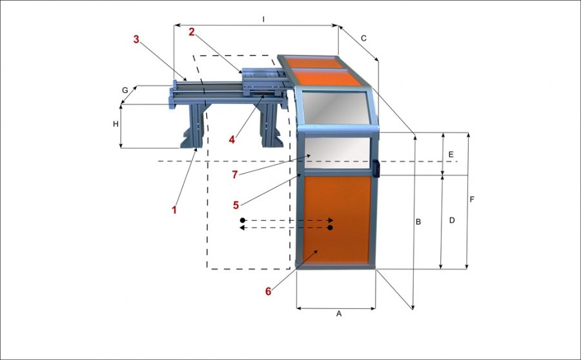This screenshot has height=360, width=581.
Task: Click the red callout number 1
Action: (x=174, y=210)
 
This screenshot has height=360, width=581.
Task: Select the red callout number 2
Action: (x=192, y=32)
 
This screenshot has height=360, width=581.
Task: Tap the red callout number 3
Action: (x=136, y=39)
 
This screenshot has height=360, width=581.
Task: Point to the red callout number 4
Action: (x=232, y=139)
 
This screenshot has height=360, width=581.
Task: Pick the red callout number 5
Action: (x=236, y=205)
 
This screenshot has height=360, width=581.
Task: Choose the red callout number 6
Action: (x=269, y=292)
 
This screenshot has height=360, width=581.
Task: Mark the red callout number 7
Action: (x=234, y=174)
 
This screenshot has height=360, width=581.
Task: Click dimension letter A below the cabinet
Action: (x=339, y=314)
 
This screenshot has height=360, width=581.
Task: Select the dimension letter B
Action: (x=418, y=222)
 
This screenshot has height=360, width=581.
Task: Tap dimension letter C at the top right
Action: (x=363, y=38)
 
